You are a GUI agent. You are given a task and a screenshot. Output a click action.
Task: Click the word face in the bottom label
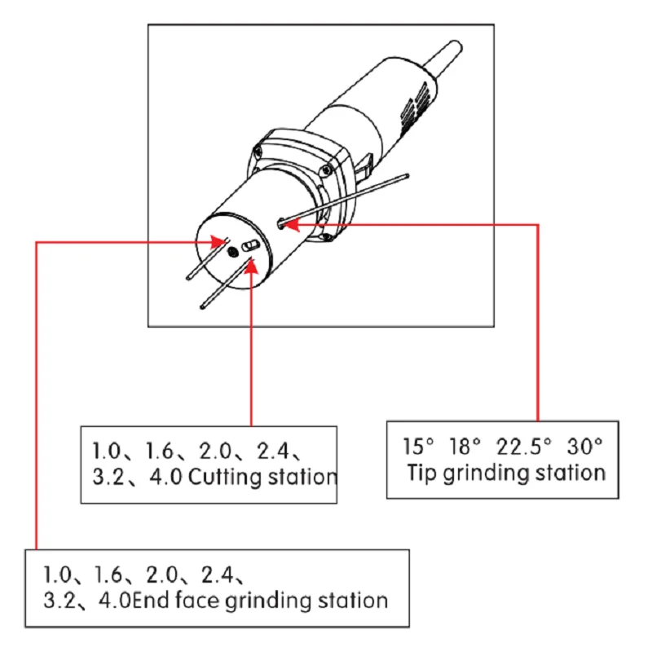click(190, 601)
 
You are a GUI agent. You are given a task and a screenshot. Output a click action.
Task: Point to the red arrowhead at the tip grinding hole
click(292, 223)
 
